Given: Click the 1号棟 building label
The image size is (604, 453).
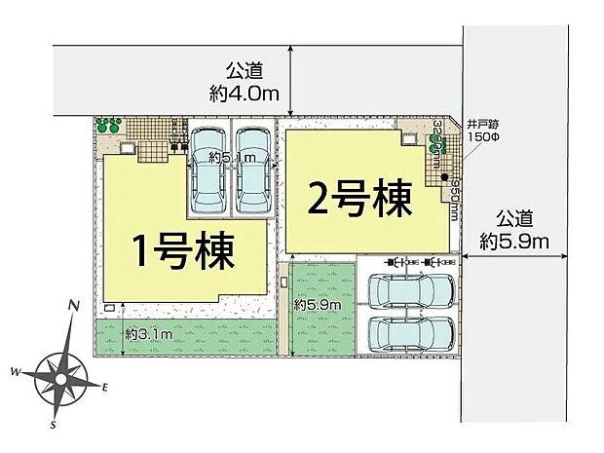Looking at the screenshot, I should (x=184, y=250).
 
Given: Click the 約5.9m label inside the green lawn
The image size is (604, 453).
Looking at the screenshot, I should (x=317, y=305).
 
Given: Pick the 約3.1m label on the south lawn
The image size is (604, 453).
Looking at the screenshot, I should (x=148, y=335).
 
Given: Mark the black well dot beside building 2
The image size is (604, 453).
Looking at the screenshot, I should (x=445, y=178).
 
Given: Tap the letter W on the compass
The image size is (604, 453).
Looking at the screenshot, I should (x=17, y=372).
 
